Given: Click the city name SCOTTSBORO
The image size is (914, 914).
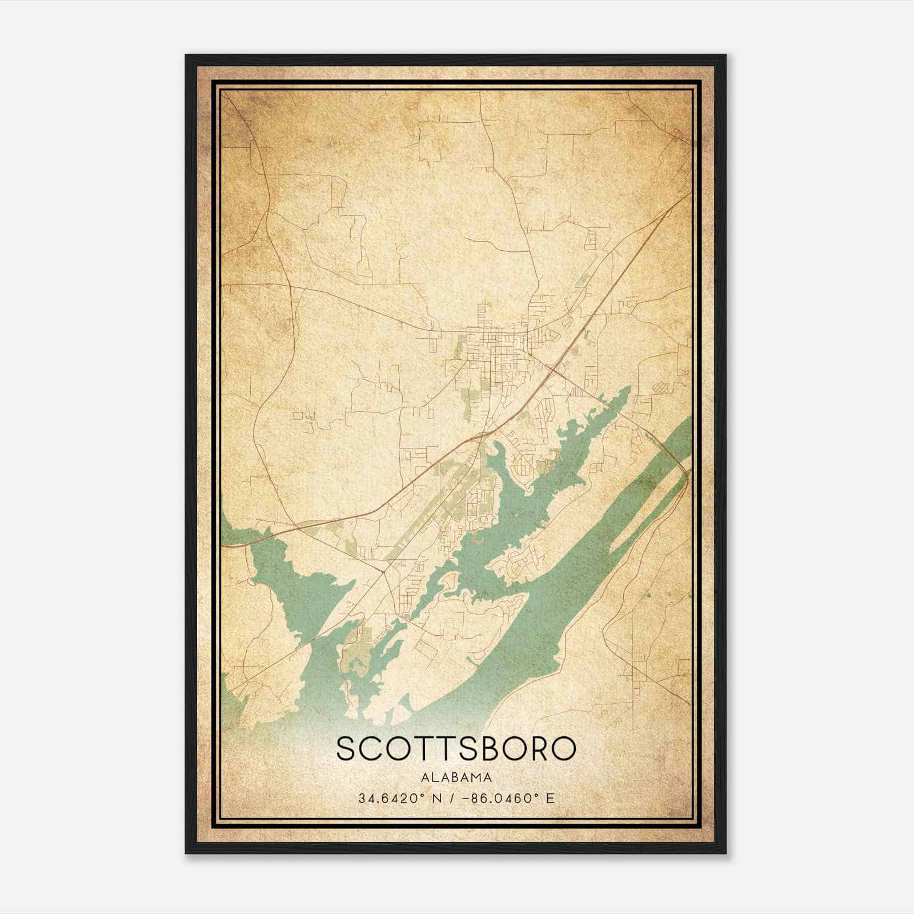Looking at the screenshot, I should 456,748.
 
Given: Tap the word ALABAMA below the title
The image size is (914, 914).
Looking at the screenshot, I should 456,777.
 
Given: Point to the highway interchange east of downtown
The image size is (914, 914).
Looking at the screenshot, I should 554,370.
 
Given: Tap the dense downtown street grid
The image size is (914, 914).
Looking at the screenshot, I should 486,343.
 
